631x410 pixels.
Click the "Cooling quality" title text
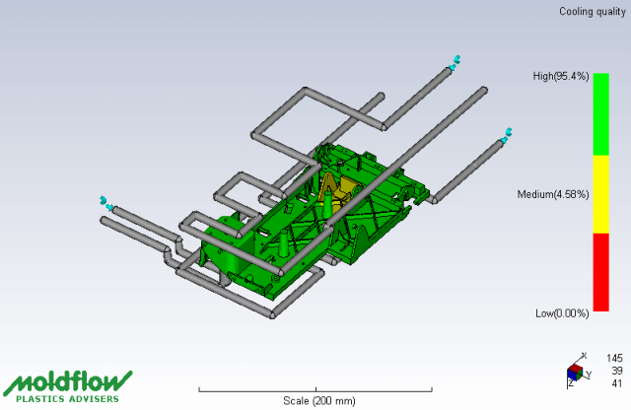click(x=593, y=12)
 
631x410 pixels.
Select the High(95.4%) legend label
click(x=561, y=76)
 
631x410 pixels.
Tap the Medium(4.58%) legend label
click(x=553, y=195)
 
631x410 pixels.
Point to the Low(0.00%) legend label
click(x=562, y=313)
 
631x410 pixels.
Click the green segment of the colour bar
click(x=600, y=114)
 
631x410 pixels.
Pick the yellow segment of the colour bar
click(x=600, y=194)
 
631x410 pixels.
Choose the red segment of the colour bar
click(x=600, y=272)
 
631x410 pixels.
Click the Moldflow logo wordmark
click(x=68, y=381)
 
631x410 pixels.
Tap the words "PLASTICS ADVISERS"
click(x=68, y=399)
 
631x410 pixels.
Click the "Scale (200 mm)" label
click(x=319, y=401)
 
